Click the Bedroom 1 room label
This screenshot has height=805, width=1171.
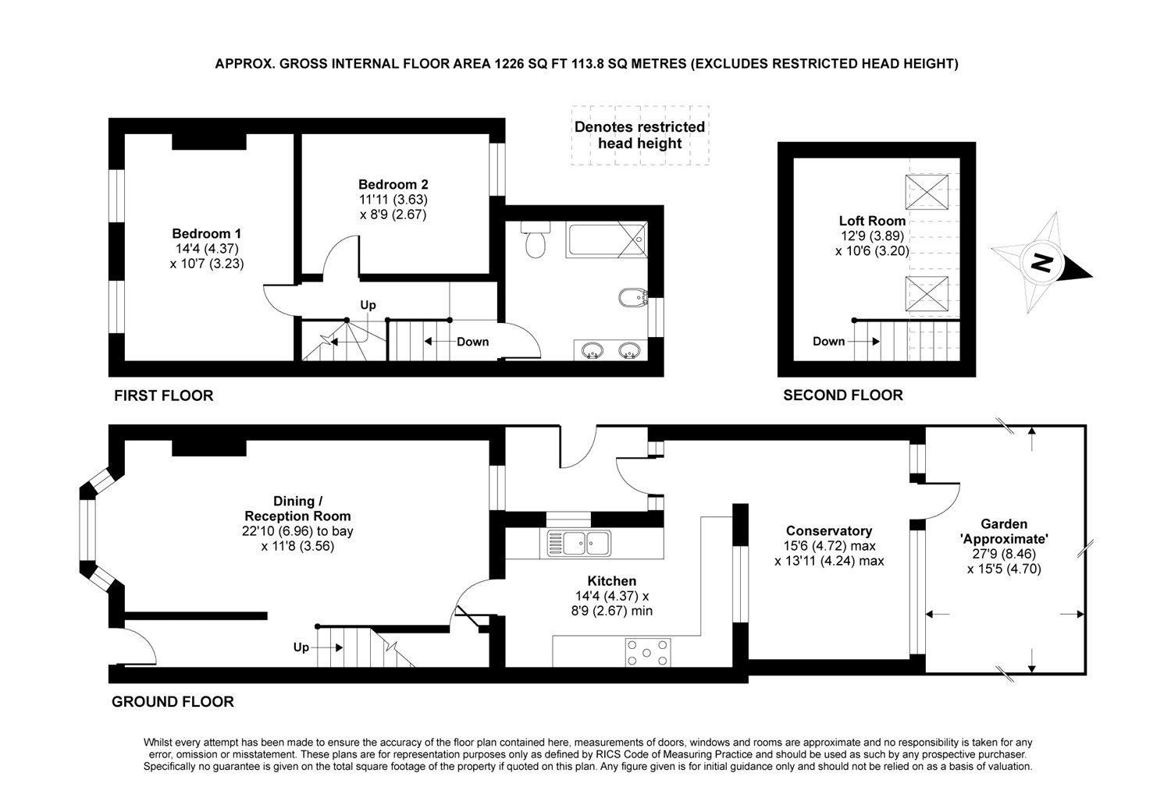tap(207, 234)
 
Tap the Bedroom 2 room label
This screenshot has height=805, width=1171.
tap(393, 185)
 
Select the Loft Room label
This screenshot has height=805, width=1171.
tap(872, 221)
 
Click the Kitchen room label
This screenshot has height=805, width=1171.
tap(611, 581)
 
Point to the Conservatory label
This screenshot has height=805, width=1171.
tap(828, 531)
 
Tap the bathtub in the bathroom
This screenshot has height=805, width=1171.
tap(607, 239)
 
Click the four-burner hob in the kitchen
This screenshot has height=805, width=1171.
tap(647, 652)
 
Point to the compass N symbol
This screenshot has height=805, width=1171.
tap(1041, 263)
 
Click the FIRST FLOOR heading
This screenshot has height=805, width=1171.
tap(163, 395)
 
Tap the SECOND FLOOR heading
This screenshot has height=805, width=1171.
tap(842, 395)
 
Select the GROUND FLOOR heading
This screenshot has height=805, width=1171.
tap(173, 702)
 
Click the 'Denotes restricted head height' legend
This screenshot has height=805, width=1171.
tap(639, 135)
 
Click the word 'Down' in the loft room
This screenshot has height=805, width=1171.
tap(828, 341)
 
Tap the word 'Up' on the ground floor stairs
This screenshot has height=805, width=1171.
tap(301, 647)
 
